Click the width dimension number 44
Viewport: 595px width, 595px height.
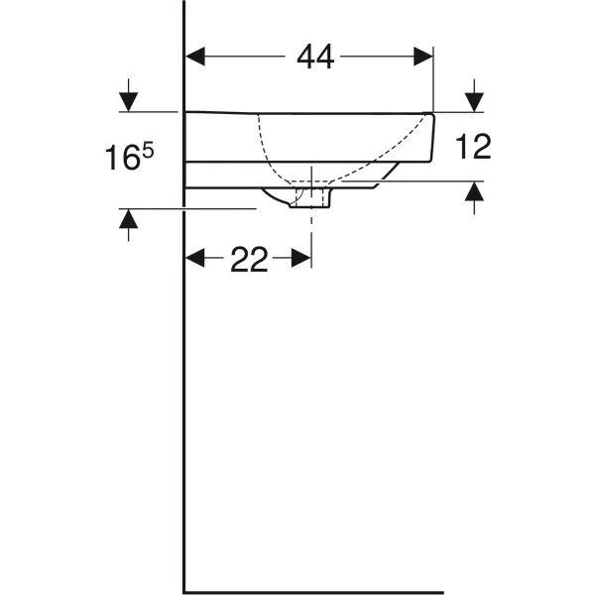coord(315,59)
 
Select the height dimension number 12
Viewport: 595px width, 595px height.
coord(474,147)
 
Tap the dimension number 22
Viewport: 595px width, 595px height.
coord(249,260)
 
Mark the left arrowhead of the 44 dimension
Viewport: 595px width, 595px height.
coord(195,59)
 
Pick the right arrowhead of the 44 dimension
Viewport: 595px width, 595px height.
coord(425,59)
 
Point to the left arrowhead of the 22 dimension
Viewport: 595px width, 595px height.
coord(195,260)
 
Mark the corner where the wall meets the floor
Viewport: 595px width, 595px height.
coord(184,592)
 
